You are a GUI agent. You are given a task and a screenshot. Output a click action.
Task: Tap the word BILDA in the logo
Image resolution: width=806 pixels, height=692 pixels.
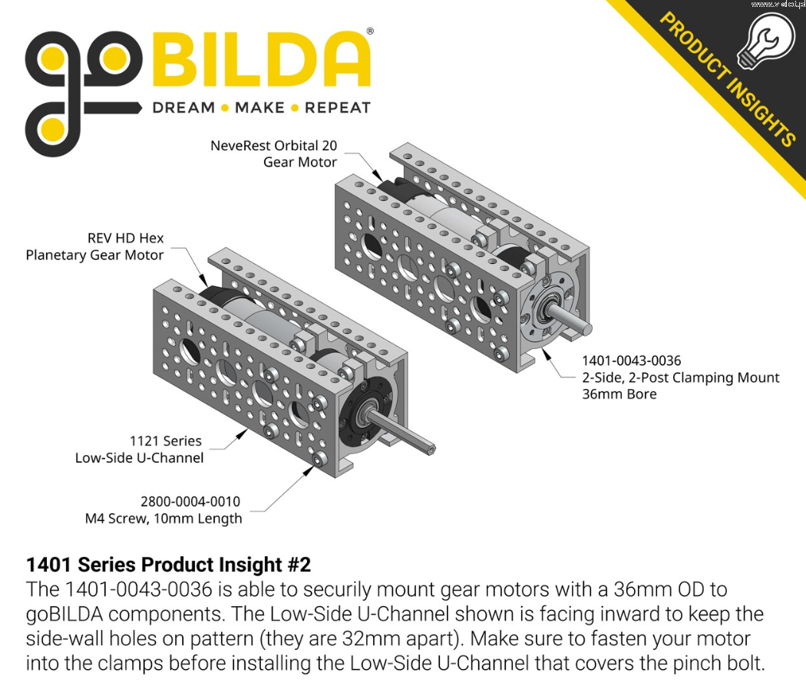(262, 60)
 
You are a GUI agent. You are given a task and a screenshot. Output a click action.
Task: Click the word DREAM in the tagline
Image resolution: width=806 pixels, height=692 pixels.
(183, 108)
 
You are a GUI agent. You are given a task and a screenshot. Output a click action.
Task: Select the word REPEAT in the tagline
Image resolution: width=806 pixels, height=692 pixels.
(338, 108)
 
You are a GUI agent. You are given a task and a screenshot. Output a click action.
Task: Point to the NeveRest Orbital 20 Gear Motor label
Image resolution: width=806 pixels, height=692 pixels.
(274, 153)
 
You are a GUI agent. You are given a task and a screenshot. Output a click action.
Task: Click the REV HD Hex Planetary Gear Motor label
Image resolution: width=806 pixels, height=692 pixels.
(94, 246)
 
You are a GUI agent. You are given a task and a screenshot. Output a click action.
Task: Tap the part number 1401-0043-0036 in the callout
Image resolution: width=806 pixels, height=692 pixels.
(631, 361)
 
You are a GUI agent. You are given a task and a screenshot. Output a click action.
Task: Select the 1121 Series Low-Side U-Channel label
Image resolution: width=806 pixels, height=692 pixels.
(139, 449)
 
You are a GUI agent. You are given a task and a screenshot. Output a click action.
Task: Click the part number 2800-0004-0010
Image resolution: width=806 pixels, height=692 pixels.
(190, 502)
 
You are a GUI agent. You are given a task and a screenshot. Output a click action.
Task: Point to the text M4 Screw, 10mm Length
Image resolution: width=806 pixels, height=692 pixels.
(164, 519)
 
